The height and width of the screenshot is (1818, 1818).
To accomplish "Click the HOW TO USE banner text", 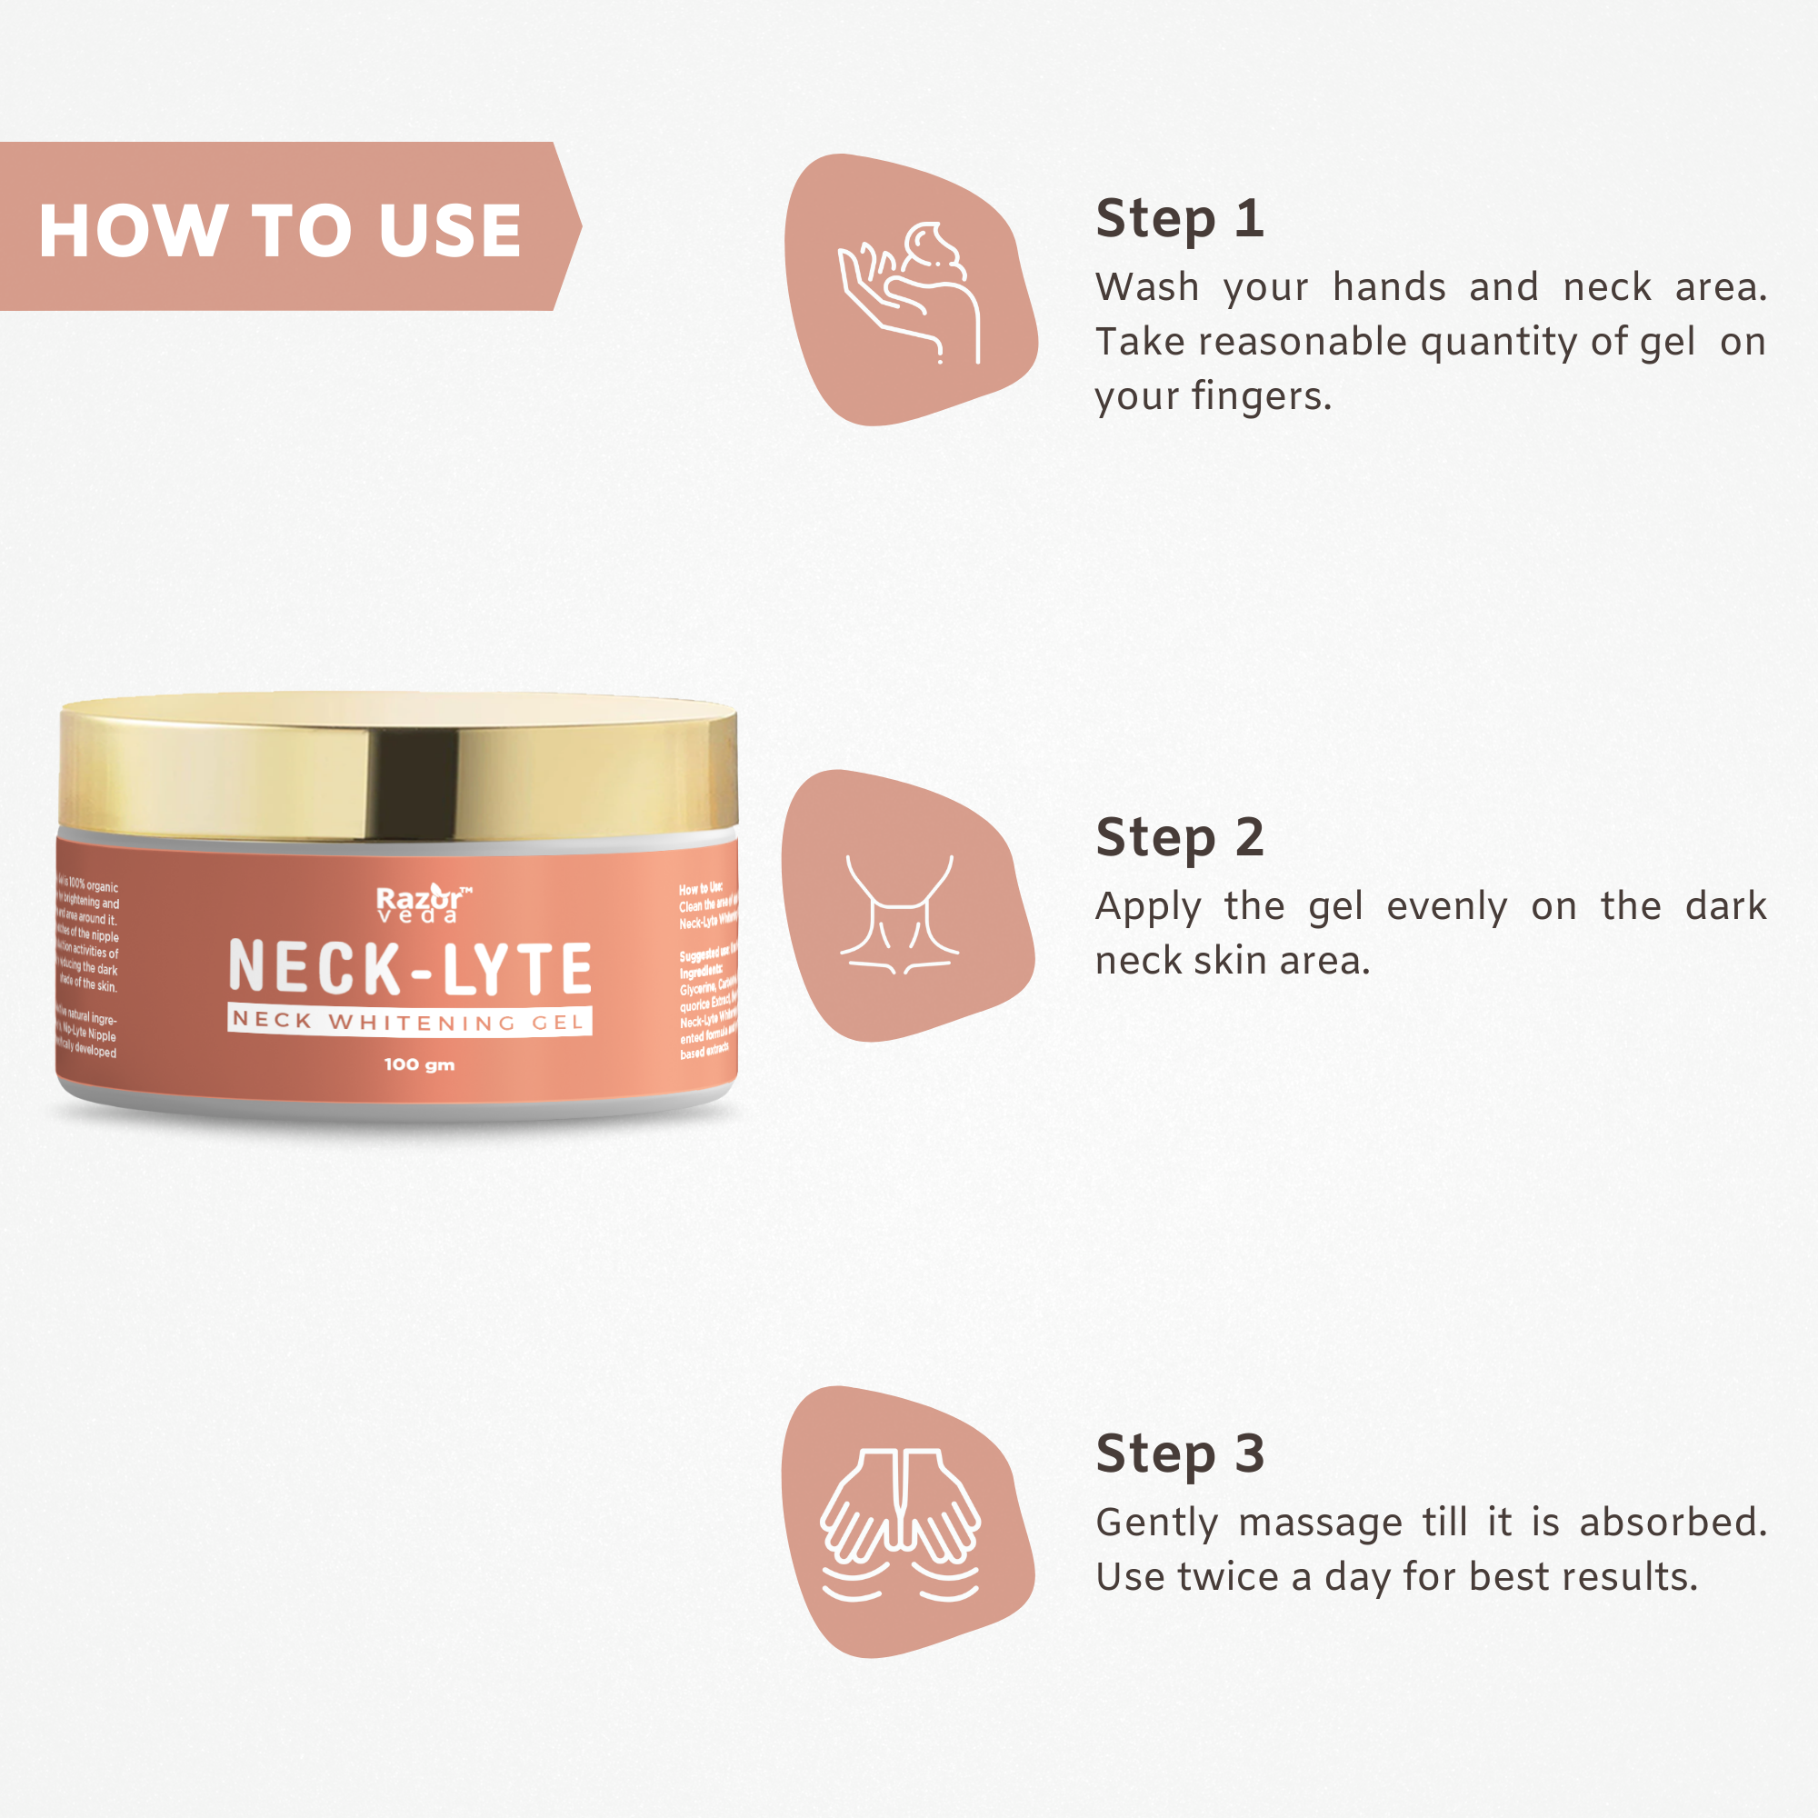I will (x=279, y=231).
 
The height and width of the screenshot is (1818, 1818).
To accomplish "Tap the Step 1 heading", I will (x=1179, y=219).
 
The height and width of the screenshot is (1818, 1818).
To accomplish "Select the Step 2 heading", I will (x=1179, y=837).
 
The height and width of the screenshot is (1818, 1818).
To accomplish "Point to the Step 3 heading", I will (x=1179, y=1453).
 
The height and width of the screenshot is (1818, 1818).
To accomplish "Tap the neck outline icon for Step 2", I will (x=901, y=913).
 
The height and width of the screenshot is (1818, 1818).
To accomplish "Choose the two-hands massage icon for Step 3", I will (x=901, y=1524).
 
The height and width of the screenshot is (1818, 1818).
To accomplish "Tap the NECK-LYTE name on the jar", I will (x=410, y=968).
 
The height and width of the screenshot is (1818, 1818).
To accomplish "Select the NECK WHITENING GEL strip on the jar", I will (x=410, y=1021).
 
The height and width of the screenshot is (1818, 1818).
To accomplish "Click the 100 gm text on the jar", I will (x=419, y=1064).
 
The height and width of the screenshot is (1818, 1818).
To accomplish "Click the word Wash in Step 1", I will (x=1147, y=287).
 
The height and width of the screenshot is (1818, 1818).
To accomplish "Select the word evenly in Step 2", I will (x=1446, y=906).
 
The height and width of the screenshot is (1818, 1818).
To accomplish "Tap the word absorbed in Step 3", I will (x=1673, y=1522).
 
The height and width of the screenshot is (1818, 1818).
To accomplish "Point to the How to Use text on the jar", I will (x=700, y=888).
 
